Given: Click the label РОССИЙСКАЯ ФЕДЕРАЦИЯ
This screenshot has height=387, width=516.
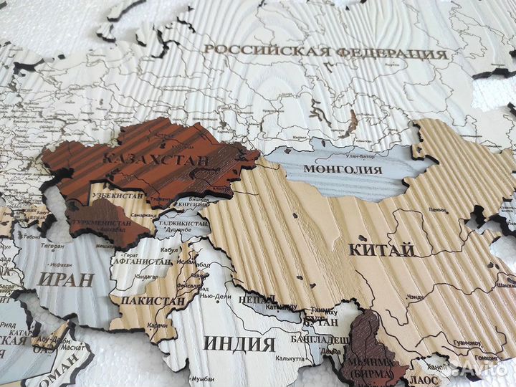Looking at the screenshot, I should pos(325,52).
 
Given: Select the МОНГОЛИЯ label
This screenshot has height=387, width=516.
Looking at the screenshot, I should pos(343,170).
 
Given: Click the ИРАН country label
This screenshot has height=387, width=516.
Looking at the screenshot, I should pos(67,278).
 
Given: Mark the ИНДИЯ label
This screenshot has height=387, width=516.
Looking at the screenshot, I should pos(239,344).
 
